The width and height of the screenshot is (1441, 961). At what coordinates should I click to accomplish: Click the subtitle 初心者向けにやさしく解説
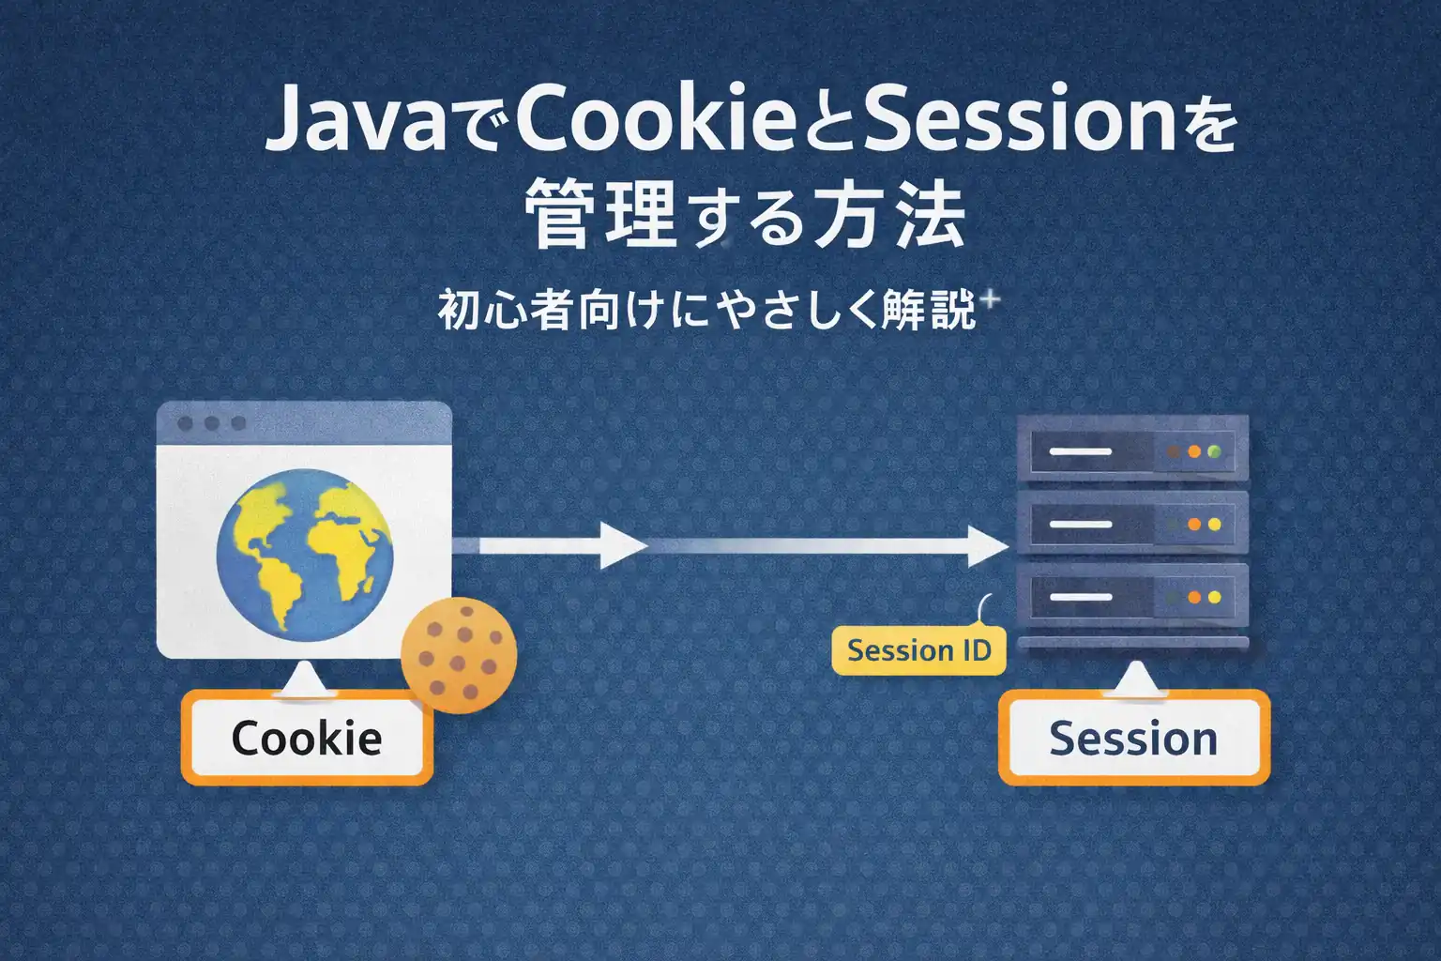coord(707,310)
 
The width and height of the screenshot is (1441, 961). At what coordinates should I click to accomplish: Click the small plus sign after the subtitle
coord(990,300)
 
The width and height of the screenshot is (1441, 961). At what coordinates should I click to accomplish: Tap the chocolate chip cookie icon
coord(459,653)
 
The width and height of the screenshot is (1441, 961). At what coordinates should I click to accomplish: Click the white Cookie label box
coord(307,739)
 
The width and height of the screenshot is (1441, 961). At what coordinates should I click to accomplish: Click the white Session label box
coord(1133,739)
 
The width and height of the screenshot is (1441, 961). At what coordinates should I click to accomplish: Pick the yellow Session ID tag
coord(918,650)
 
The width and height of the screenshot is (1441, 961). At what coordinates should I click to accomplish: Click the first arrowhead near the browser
coord(621,545)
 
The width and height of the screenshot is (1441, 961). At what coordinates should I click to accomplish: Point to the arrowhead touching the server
coord(987,545)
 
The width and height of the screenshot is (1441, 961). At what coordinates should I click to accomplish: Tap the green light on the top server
coord(1215,451)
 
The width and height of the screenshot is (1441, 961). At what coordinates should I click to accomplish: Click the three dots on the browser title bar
coord(211,423)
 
